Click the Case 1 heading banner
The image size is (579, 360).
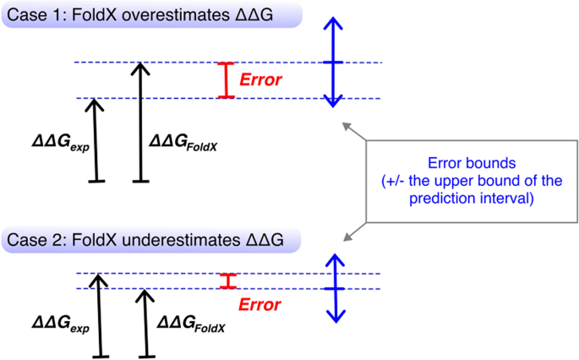click(x=139, y=14)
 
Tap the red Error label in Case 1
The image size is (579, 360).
click(x=261, y=80)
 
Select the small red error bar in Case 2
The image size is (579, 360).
click(x=225, y=281)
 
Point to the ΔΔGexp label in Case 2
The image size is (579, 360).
click(x=60, y=323)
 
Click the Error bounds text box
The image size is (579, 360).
click(x=471, y=181)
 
